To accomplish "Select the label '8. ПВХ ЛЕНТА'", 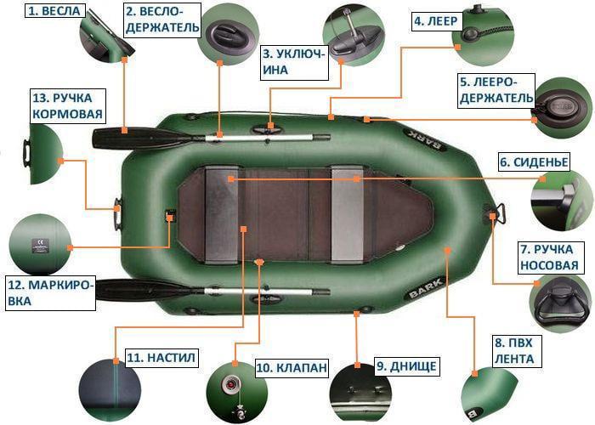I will pyautogui.click(x=513, y=351).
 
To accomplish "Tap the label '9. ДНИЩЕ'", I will pyautogui.click(x=406, y=366).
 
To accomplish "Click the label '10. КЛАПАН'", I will pyautogui.click(x=291, y=368).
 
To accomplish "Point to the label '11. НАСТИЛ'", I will pyautogui.click(x=161, y=358).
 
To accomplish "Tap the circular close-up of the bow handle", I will pyautogui.click(x=558, y=305).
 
